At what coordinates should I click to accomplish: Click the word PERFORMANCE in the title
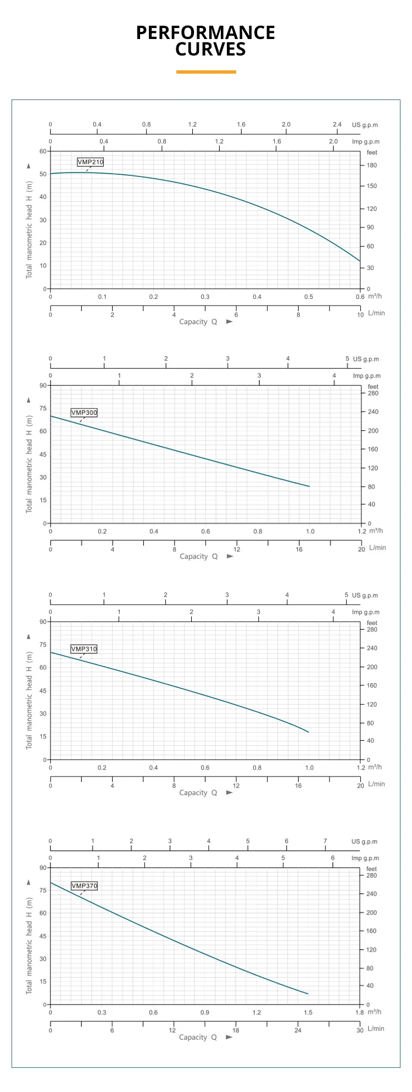point(205,33)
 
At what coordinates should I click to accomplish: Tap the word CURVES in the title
point(210,49)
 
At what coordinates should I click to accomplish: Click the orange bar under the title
point(206,72)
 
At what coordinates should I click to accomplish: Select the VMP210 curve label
point(90,162)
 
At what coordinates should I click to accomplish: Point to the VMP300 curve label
point(84,413)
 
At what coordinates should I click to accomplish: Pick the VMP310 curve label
point(84,649)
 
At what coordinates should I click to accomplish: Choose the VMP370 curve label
point(84,886)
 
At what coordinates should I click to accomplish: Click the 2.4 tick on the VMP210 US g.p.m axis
point(337,125)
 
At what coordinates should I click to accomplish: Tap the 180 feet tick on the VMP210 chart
point(372,165)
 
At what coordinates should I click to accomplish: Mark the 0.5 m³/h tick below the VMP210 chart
point(309,297)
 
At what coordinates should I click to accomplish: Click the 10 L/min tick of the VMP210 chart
point(360,315)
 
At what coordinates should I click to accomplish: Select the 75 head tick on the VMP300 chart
point(43,408)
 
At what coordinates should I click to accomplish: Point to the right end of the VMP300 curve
point(309,486)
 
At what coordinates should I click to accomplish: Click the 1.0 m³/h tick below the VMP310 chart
point(309,768)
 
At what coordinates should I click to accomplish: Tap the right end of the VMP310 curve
point(309,732)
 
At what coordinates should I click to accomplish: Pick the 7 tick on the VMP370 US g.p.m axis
point(325,841)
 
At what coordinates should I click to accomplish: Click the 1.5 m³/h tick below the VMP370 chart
point(308,1012)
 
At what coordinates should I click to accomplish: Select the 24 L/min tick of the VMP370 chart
point(298,1030)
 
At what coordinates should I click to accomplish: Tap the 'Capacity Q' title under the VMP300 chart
point(199,556)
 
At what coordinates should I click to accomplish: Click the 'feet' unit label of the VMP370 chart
point(372,869)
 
